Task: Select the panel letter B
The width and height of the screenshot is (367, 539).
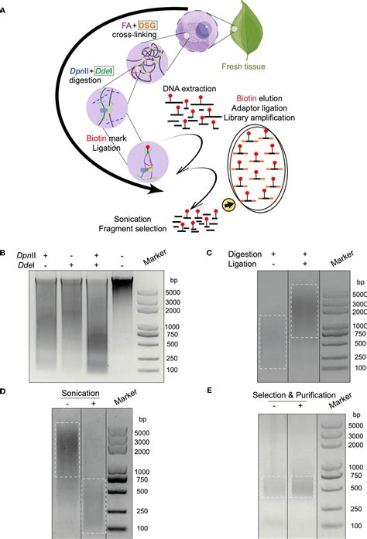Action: click(x=5, y=252)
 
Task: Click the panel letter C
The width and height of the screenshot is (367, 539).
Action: click(x=209, y=252)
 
